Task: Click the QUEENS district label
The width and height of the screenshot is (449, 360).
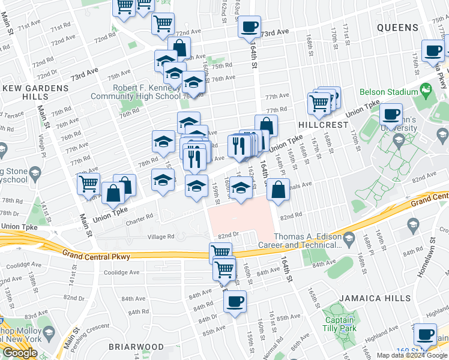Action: (397, 28)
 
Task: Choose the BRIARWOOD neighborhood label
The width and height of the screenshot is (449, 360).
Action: (136, 347)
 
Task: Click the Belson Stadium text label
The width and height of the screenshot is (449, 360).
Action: (388, 92)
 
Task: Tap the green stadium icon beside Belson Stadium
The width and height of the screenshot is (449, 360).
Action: (426, 92)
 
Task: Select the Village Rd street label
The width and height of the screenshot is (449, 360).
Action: (162, 237)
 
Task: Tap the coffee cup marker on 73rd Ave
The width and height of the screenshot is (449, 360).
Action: (249, 26)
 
